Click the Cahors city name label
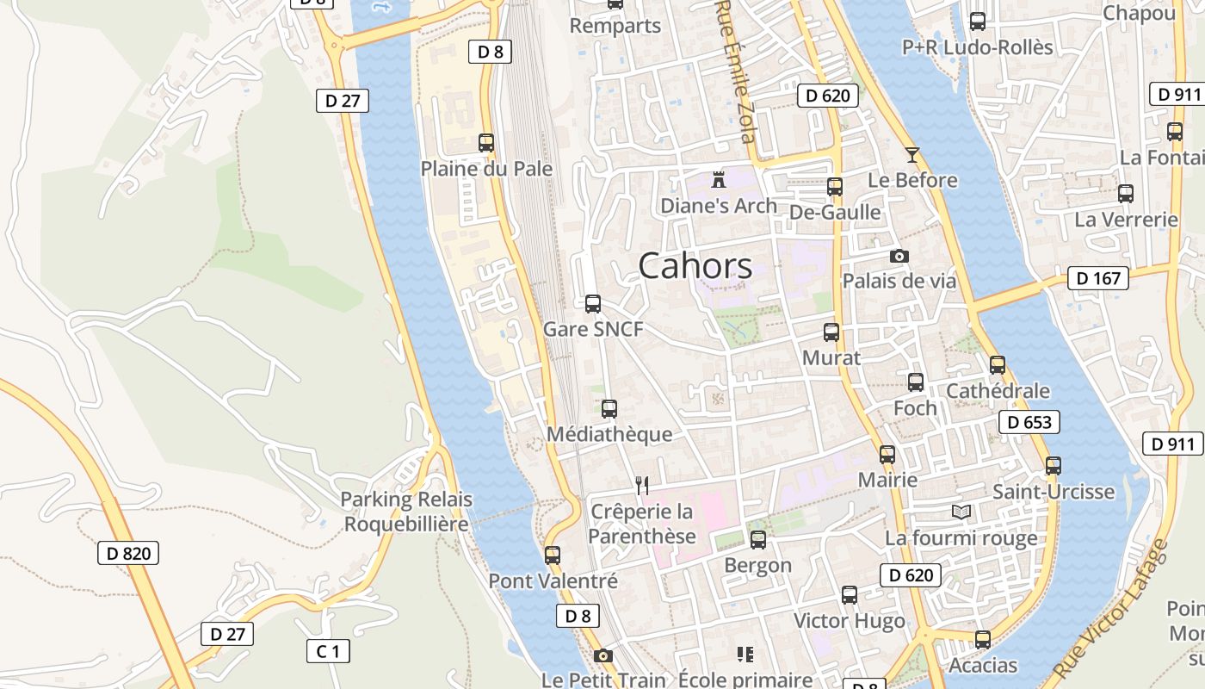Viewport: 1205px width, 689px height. pyautogui.click(x=695, y=266)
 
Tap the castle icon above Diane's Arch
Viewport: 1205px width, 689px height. pyautogui.click(x=719, y=179)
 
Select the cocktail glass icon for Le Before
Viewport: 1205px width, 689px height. pyautogui.click(x=912, y=155)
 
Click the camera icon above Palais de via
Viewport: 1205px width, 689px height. pyautogui.click(x=899, y=256)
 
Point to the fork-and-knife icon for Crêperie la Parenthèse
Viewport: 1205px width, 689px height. pyautogui.click(x=641, y=486)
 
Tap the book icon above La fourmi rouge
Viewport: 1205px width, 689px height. pyautogui.click(x=961, y=512)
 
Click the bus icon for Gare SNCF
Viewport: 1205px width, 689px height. pyautogui.click(x=593, y=304)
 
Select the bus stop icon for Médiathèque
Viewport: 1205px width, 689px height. pyautogui.click(x=609, y=409)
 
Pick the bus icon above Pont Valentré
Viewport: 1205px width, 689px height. pyautogui.click(x=553, y=556)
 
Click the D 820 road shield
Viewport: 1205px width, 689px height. pyautogui.click(x=128, y=553)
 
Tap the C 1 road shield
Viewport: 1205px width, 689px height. pyautogui.click(x=328, y=651)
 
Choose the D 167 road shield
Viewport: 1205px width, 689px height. pyautogui.click(x=1098, y=278)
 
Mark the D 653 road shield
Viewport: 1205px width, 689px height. pyautogui.click(x=1029, y=422)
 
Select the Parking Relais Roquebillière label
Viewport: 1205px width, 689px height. pyautogui.click(x=406, y=512)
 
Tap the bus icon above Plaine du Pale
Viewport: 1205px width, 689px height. pyautogui.click(x=486, y=143)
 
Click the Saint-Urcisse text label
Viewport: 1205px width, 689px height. pyautogui.click(x=1054, y=492)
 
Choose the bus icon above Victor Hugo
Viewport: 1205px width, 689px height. pyautogui.click(x=850, y=595)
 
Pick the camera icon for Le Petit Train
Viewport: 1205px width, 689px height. pyautogui.click(x=603, y=656)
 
